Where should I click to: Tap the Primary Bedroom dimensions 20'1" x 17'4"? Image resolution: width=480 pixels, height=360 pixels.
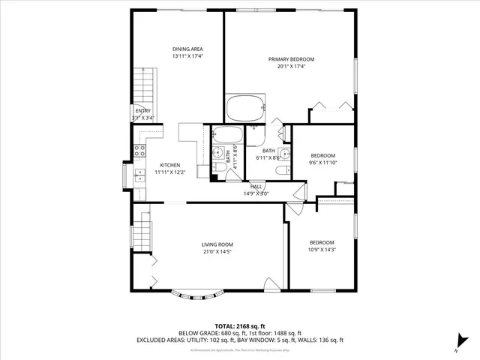[291, 66]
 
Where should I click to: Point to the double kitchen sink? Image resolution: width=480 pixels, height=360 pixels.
[139, 176]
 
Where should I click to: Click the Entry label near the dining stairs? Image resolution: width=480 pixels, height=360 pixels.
[142, 111]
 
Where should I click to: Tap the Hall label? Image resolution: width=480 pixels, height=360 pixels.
[256, 187]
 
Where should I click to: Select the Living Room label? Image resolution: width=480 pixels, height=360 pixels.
[217, 244]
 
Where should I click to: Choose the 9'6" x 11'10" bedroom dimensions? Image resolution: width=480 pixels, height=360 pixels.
[323, 162]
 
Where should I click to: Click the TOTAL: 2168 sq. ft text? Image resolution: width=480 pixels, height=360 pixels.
[239, 326]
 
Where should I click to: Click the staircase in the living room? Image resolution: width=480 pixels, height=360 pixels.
[142, 233]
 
